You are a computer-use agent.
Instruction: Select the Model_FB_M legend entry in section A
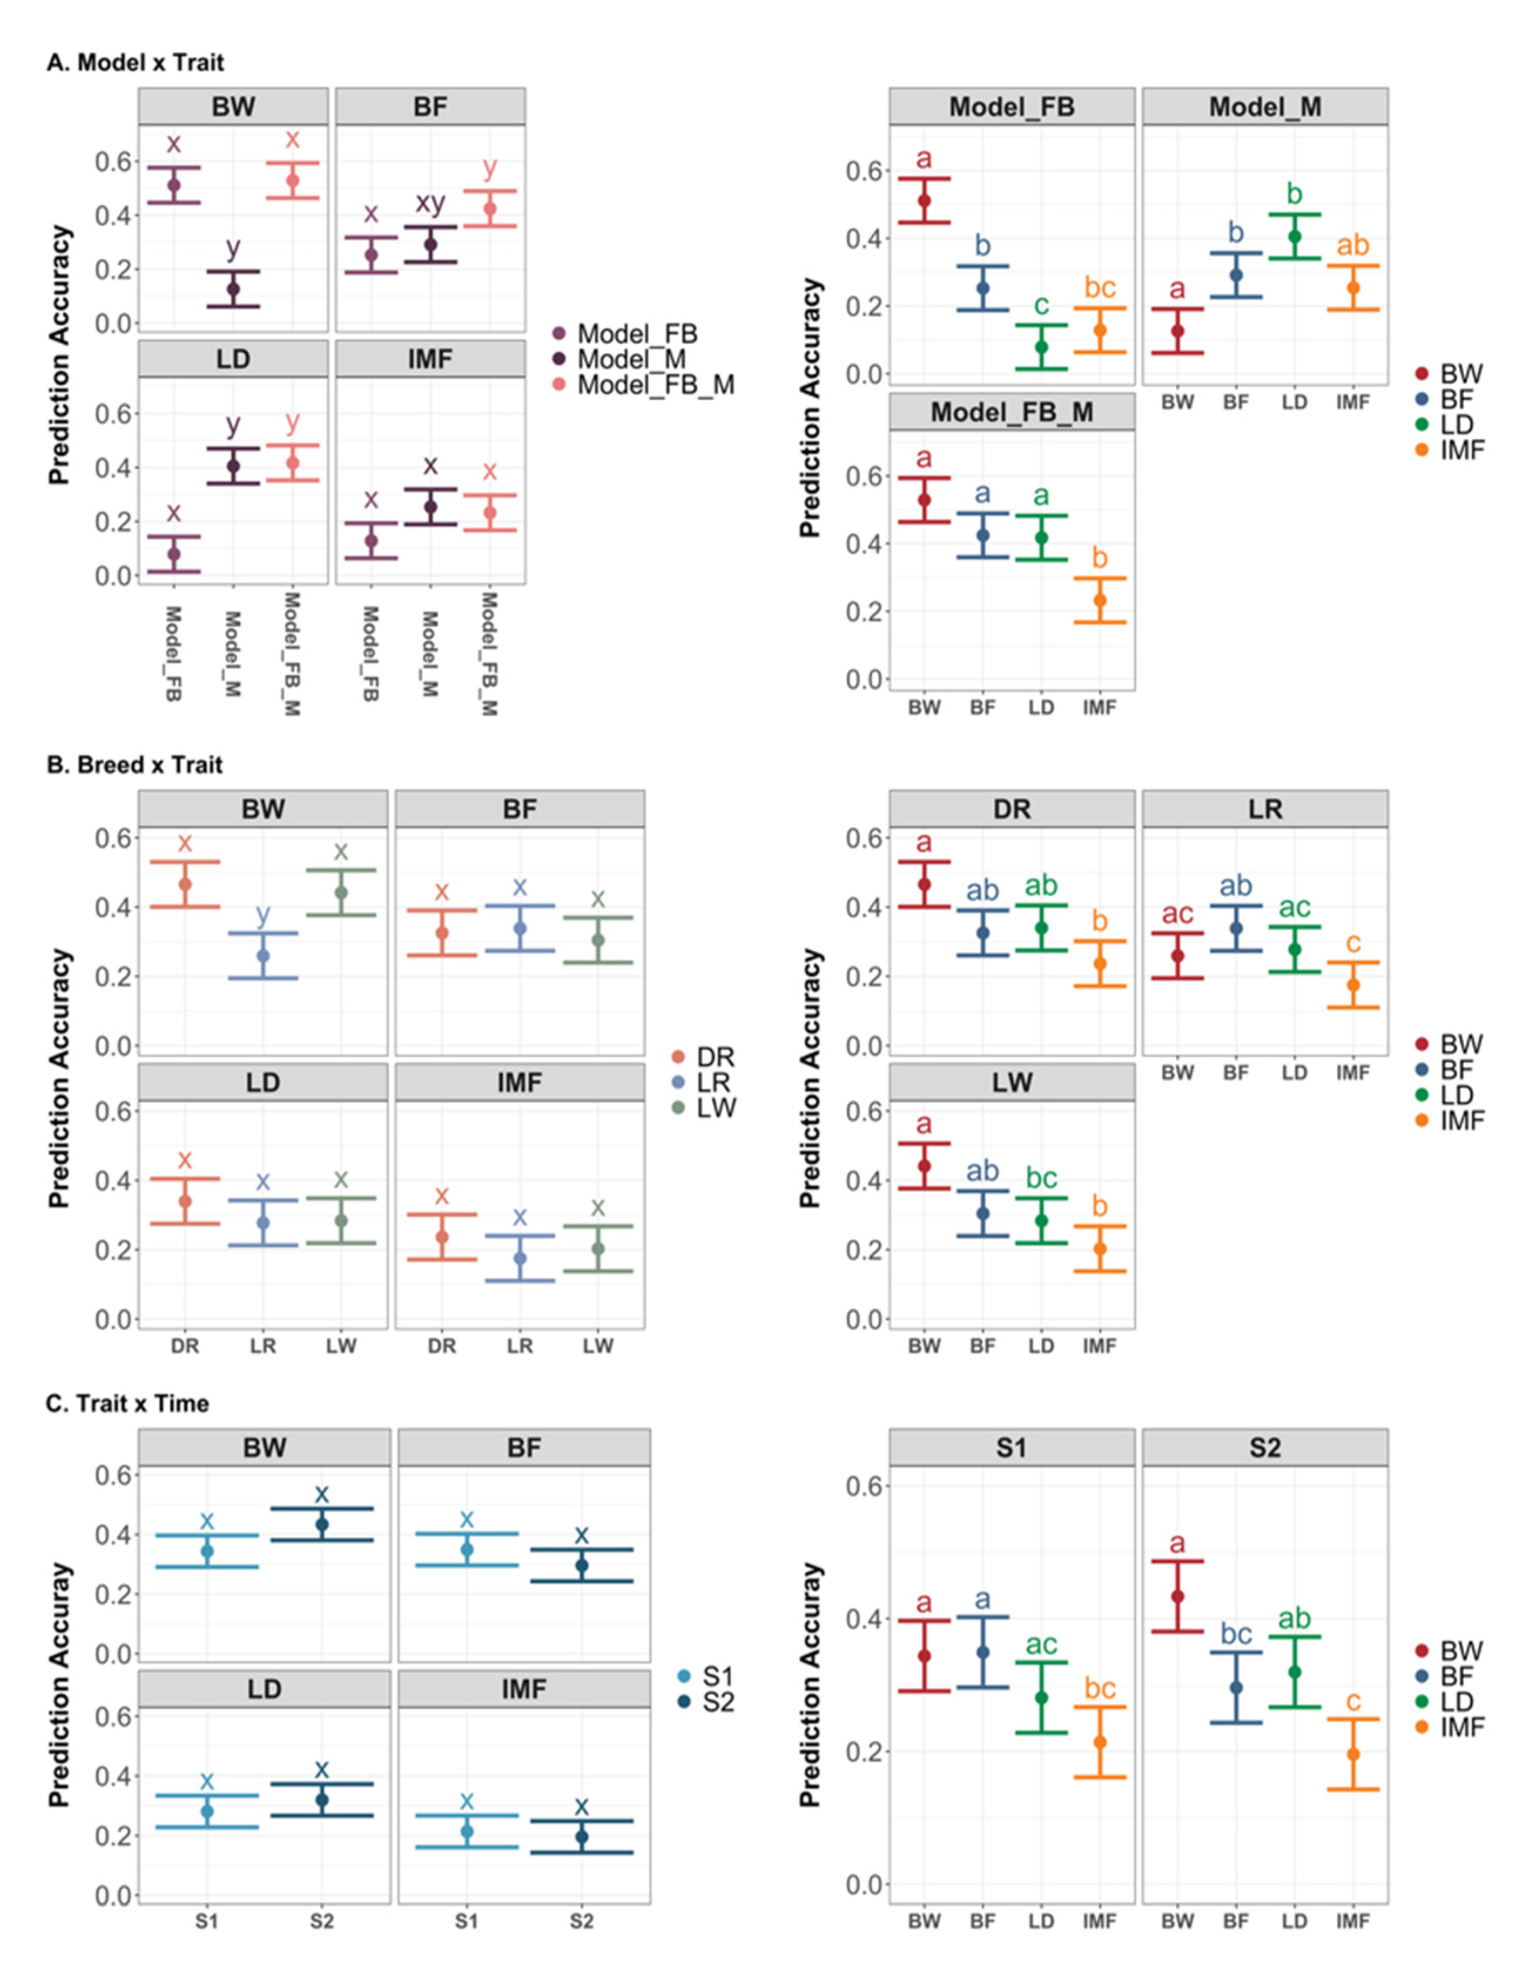coord(655,385)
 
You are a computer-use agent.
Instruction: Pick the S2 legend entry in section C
coord(717,1702)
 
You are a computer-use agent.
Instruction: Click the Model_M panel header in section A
coord(1264,107)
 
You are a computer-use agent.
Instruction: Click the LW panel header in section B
coord(1011,1083)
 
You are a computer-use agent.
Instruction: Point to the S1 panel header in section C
coord(1011,1448)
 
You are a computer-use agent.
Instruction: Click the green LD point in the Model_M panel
coord(1294,237)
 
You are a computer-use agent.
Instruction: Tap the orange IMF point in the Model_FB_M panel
coord(1099,600)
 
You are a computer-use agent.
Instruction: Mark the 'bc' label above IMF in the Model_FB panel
coord(1099,288)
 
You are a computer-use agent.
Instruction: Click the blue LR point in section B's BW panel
coord(263,956)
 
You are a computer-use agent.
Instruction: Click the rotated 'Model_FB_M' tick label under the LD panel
coord(291,654)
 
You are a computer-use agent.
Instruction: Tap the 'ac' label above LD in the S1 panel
coord(1040,1644)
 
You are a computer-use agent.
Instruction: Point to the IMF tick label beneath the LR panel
coord(1353,1073)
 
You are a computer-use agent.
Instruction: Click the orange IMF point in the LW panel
coord(1099,1249)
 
